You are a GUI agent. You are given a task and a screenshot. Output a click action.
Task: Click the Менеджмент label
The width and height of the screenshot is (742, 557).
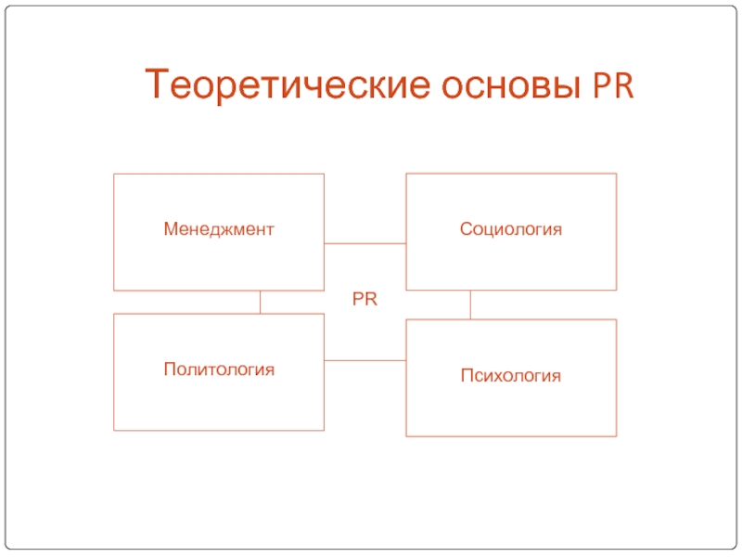click(219, 228)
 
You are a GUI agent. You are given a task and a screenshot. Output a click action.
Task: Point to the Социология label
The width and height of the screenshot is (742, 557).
click(511, 228)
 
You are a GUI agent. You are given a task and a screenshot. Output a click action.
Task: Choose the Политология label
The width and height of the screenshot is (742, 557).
click(219, 369)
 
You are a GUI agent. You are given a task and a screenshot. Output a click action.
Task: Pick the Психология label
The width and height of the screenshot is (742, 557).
click(511, 376)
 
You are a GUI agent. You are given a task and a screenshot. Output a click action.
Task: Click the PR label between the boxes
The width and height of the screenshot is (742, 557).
click(365, 300)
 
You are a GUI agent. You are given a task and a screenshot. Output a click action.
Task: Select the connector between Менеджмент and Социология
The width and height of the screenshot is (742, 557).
click(365, 243)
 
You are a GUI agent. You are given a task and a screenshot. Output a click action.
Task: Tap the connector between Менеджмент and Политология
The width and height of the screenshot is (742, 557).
click(260, 302)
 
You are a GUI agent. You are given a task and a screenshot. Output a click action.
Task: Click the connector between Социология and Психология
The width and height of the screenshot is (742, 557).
click(470, 304)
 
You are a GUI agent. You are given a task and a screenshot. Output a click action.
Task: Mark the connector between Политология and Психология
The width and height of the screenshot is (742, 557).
click(365, 360)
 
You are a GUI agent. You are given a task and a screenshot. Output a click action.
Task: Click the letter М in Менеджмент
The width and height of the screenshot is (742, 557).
click(170, 228)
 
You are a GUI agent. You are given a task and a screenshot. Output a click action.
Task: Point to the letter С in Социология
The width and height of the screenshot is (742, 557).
click(466, 228)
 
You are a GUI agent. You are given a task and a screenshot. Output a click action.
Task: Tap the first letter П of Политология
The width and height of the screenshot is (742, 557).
click(169, 369)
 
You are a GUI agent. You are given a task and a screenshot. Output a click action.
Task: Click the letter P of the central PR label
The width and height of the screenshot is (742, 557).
click(358, 300)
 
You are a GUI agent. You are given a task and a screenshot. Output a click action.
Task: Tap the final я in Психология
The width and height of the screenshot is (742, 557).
click(557, 376)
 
